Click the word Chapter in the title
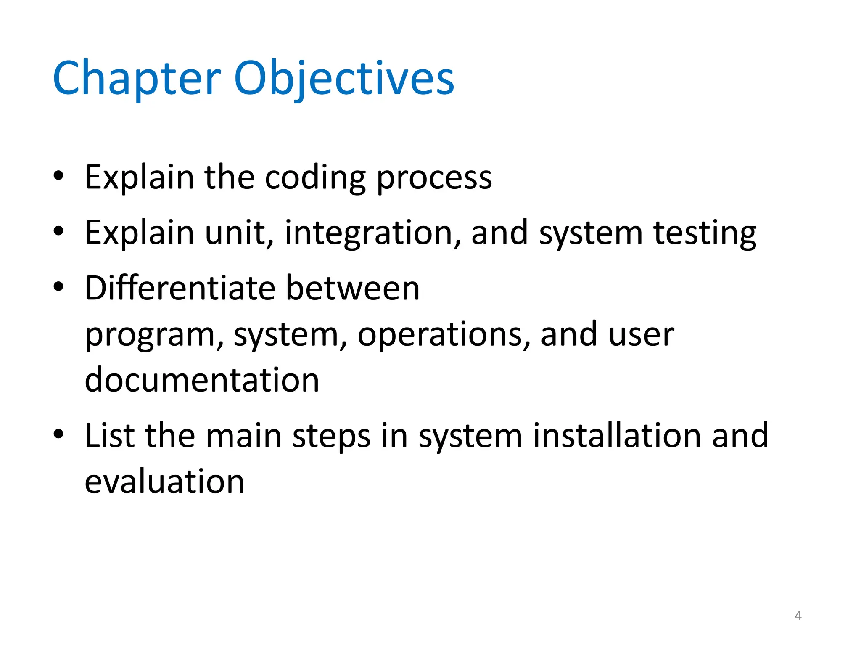[x=137, y=79]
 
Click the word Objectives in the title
[x=344, y=79]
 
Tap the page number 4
[x=798, y=615]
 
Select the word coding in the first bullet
[x=315, y=178]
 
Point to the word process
[x=434, y=178]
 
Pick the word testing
[x=705, y=233]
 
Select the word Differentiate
[x=180, y=288]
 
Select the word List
[x=110, y=436]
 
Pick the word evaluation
[x=164, y=482]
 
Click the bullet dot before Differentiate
[x=58, y=286]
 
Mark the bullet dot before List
[x=58, y=434]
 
